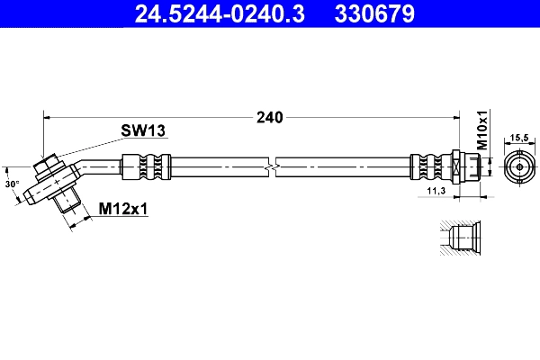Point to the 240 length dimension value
pyautogui.click(x=269, y=117)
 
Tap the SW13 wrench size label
pyautogui.click(x=143, y=131)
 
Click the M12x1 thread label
pyautogui.click(x=122, y=209)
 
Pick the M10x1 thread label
pyautogui.click(x=481, y=131)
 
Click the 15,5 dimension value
pyautogui.click(x=519, y=138)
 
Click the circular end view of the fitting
pyautogui.click(x=519, y=167)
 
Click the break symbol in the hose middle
pyautogui.click(x=271, y=167)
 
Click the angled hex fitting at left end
pyautogui.click(x=49, y=179)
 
